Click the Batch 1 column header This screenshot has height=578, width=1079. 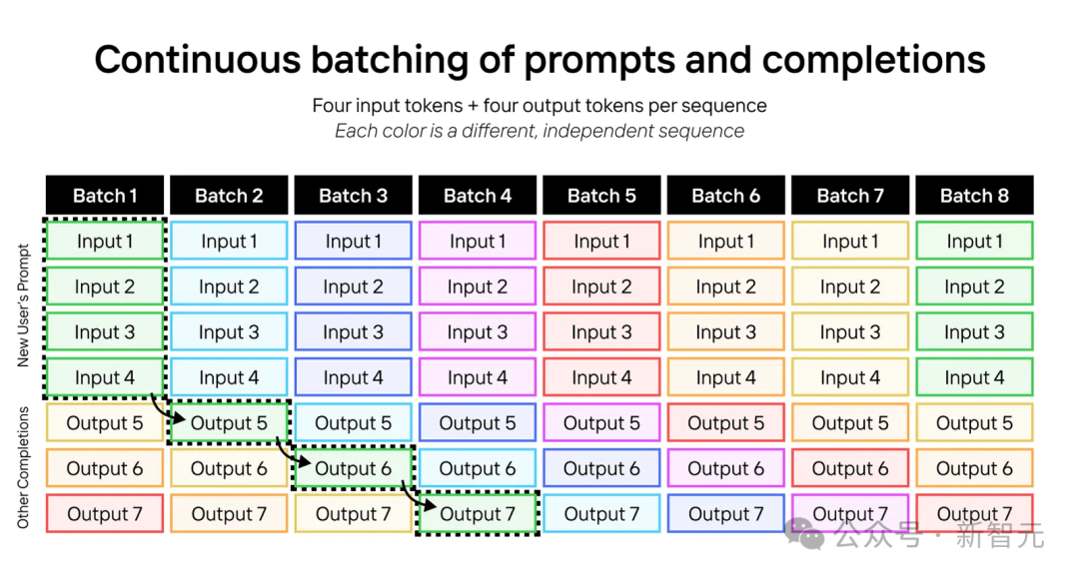pyautogui.click(x=105, y=196)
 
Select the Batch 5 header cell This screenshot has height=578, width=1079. pyautogui.click(x=601, y=196)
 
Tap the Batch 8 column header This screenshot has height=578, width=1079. pyautogui.click(x=974, y=196)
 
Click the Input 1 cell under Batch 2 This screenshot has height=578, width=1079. pyautogui.click(x=229, y=241)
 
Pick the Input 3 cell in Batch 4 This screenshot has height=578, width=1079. pyautogui.click(x=478, y=332)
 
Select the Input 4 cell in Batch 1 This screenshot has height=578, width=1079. pyautogui.click(x=105, y=377)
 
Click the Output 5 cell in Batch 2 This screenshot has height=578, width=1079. pyautogui.click(x=229, y=422)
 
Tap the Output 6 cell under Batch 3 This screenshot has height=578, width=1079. pyautogui.click(x=353, y=468)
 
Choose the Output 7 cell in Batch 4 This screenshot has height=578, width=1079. pyautogui.click(x=478, y=513)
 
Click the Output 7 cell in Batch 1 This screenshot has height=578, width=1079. pyautogui.click(x=105, y=513)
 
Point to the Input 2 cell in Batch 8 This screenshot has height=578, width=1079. pyautogui.click(x=974, y=287)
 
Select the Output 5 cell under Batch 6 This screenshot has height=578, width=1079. pyautogui.click(x=726, y=422)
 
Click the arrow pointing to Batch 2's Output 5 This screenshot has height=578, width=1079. pyautogui.click(x=164, y=411)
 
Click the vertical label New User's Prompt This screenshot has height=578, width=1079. pyautogui.click(x=23, y=305)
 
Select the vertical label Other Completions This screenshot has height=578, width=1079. pyautogui.click(x=23, y=468)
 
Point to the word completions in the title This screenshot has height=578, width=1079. pyautogui.click(x=873, y=60)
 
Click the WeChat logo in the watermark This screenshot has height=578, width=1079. pyautogui.click(x=804, y=533)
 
